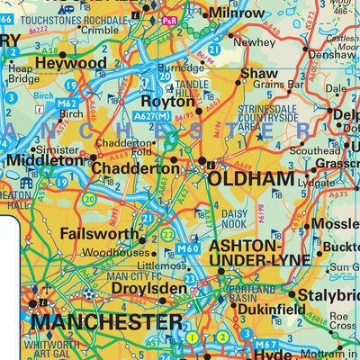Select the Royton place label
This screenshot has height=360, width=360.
(x=163, y=102)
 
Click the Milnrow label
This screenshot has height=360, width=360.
(x=238, y=13)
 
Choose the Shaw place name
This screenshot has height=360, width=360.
(x=260, y=73)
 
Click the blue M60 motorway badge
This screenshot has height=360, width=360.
(x=188, y=248)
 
